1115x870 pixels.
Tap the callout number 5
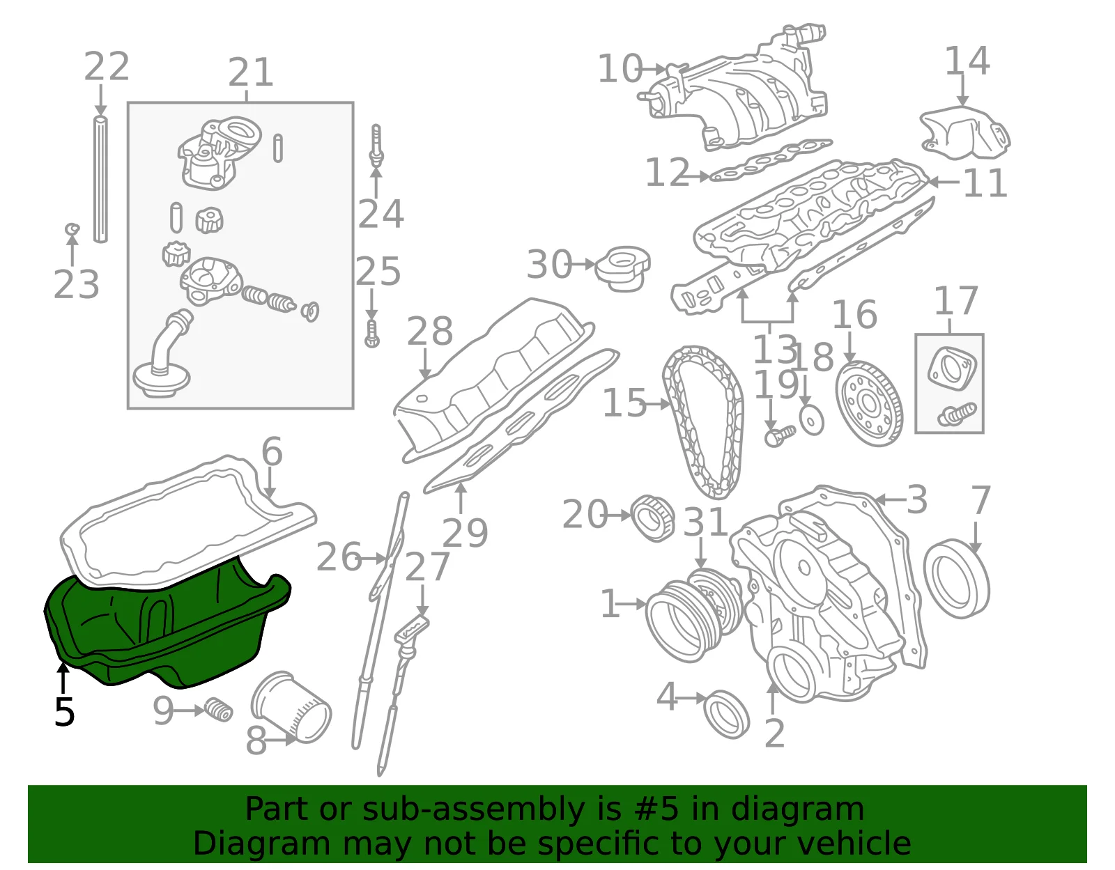[x=65, y=712]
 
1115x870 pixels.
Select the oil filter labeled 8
[x=291, y=707]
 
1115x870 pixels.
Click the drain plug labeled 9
[x=219, y=710]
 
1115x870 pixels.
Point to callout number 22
[x=106, y=66]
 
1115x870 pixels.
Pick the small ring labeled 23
[x=72, y=228]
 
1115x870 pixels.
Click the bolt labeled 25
[x=372, y=334]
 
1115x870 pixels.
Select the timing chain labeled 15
[x=702, y=421]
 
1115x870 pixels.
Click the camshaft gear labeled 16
[x=869, y=403]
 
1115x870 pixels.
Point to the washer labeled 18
[x=812, y=421]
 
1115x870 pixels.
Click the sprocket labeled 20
[x=652, y=518]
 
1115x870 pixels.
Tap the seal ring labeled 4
[x=726, y=714]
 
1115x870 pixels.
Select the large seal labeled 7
[x=956, y=579]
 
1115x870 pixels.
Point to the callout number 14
[x=967, y=61]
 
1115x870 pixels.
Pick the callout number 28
[x=430, y=331]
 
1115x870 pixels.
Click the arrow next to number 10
[x=654, y=68]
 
